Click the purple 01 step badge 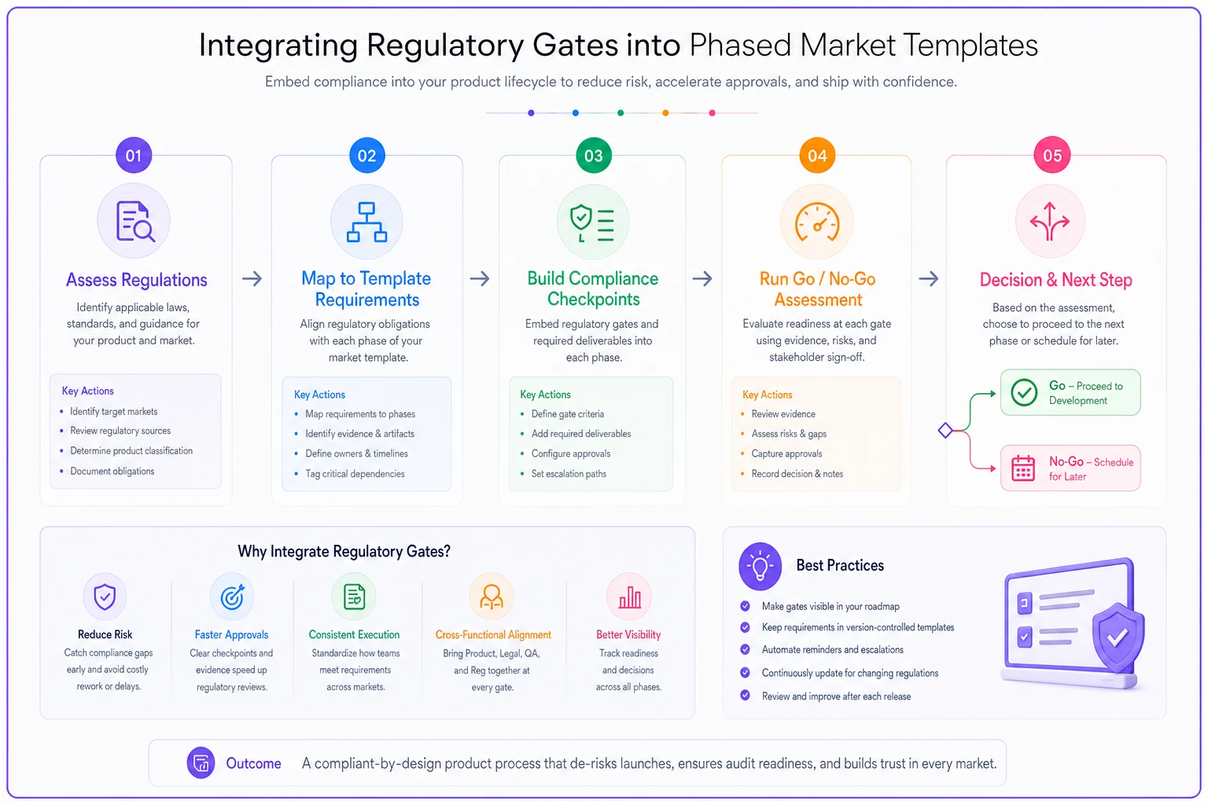pos(134,156)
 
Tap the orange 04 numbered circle pos(817,156)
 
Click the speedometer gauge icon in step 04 pos(817,222)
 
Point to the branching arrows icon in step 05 pos(1049,221)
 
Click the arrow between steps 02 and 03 pos(480,279)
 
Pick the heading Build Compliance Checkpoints pos(593,289)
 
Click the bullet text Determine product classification pos(131,450)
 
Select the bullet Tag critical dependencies pos(355,473)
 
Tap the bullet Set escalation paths pos(569,473)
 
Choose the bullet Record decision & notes pos(797,473)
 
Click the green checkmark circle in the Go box pos(1023,392)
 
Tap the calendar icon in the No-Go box pos(1022,468)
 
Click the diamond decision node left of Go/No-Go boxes pos(945,430)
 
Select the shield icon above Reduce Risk pos(105,597)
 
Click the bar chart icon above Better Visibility pos(629,597)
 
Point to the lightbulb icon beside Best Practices pos(760,566)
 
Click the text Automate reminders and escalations pos(832,649)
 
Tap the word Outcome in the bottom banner pos(253,763)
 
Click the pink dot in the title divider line pos(712,112)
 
